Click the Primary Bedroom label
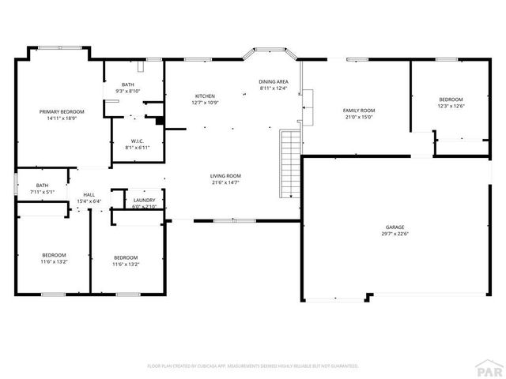(x=62, y=111)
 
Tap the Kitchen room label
(x=205, y=96)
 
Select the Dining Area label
(x=274, y=81)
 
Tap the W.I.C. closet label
(x=137, y=141)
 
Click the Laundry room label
(x=144, y=200)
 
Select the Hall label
(x=89, y=196)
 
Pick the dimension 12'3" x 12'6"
(x=451, y=107)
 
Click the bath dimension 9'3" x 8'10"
(x=127, y=92)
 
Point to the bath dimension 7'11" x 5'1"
(x=41, y=192)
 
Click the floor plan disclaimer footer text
(x=253, y=366)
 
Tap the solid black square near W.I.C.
(x=160, y=121)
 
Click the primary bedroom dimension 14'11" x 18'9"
(x=62, y=118)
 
